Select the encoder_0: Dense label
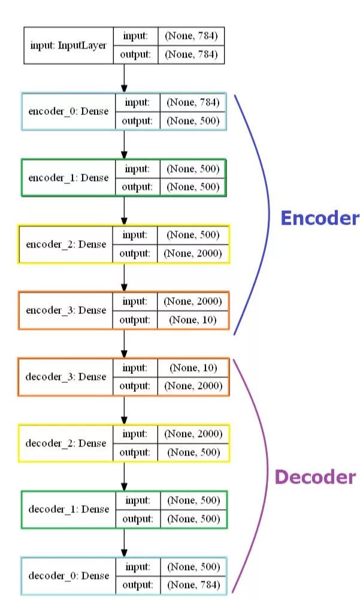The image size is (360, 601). [67, 111]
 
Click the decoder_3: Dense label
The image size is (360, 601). [66, 377]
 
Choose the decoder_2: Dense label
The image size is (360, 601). [66, 443]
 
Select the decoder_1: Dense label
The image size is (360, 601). [69, 509]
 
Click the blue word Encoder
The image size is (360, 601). [320, 219]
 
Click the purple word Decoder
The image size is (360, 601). [315, 477]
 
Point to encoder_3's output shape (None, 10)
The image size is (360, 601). [193, 320]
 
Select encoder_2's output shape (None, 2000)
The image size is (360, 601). [193, 253]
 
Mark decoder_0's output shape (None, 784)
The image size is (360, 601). [193, 585]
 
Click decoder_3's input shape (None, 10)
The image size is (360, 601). [193, 367]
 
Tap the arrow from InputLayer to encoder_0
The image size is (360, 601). [124, 78]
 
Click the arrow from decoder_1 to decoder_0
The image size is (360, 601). [124, 543]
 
